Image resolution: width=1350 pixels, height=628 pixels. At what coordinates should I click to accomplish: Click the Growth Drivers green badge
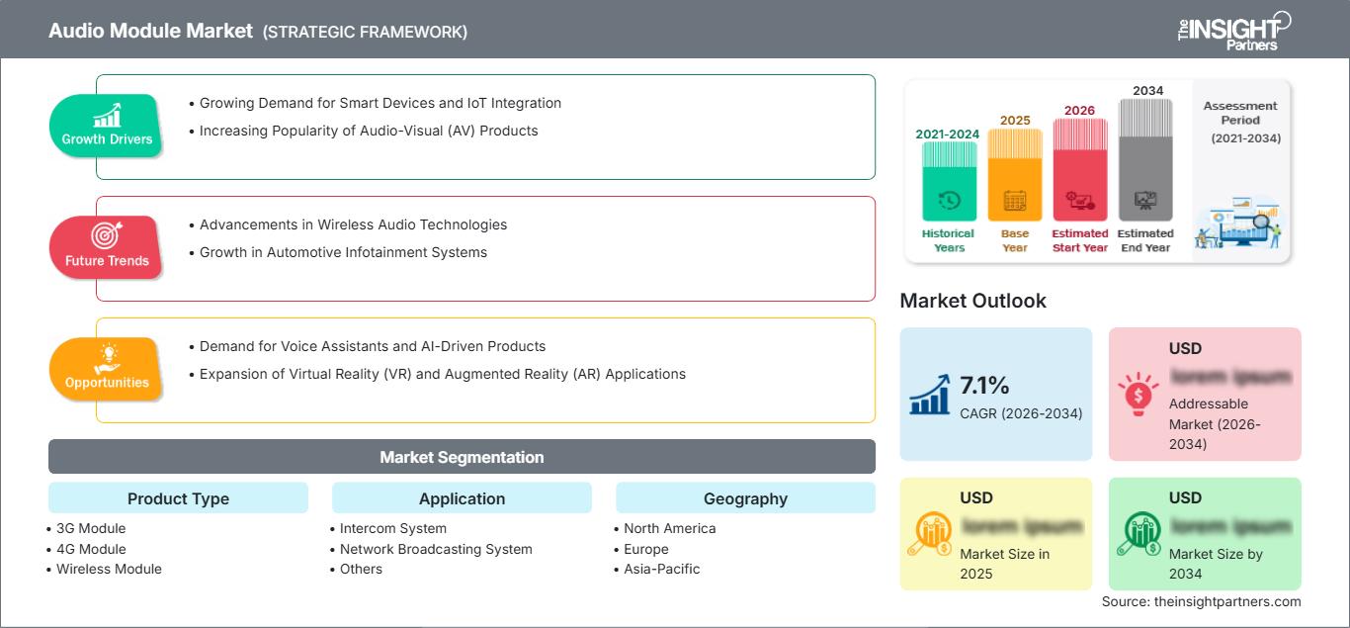point(107,126)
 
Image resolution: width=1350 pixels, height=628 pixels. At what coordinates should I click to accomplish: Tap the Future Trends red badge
point(106,246)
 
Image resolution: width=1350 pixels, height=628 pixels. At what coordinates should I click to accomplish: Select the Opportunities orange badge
point(107,368)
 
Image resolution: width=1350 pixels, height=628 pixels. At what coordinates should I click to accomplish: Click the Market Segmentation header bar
point(462,457)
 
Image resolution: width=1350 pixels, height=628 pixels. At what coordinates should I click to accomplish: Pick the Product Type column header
point(178,498)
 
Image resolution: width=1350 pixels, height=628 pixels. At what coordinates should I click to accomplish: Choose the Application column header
point(462,498)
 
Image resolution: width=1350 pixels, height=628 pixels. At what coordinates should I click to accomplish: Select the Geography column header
point(745,498)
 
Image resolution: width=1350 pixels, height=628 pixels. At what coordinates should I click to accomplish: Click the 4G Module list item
point(91,549)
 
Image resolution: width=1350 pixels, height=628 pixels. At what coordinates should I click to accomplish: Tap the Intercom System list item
point(392,528)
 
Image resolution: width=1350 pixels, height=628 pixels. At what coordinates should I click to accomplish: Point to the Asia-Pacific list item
point(661,569)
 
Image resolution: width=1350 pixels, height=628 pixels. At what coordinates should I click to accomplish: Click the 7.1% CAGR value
point(984,385)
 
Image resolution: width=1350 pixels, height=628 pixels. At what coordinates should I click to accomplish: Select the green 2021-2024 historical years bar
point(949,181)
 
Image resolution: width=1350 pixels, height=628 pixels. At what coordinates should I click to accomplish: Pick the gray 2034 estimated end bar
point(1145,159)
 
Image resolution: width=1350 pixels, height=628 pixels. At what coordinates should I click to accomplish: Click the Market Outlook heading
point(972,301)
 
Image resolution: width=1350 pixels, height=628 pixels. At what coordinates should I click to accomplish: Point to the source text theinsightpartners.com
point(1201,601)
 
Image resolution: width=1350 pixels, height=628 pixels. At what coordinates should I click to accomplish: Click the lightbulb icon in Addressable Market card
point(1138,394)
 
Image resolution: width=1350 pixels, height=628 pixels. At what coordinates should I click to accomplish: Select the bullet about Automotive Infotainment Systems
point(343,252)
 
